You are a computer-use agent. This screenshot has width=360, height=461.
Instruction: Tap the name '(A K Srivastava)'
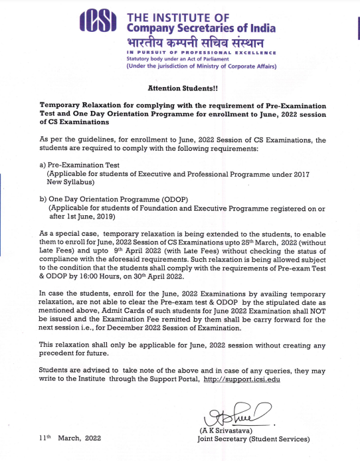(223, 431)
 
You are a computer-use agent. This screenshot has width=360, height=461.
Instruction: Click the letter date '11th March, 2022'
(69, 439)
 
